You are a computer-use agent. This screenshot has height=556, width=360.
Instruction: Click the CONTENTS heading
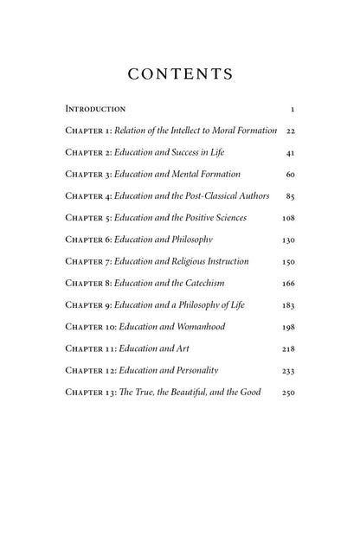click(x=180, y=74)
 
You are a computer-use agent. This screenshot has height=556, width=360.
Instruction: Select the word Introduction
click(x=95, y=110)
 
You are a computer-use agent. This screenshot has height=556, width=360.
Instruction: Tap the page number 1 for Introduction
click(x=294, y=110)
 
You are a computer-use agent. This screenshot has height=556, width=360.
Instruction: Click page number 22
click(x=291, y=131)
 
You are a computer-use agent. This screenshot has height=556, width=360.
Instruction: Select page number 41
click(x=291, y=152)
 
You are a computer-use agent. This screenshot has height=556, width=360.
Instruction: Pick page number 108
click(x=289, y=218)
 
